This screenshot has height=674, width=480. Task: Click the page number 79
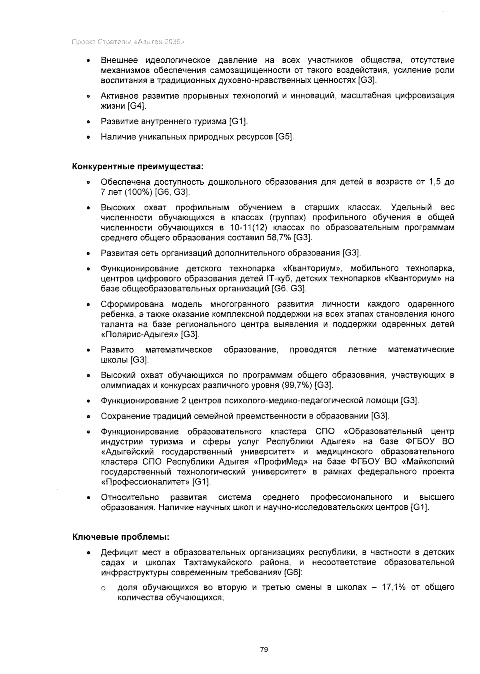(x=264, y=649)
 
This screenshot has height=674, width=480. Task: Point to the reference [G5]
(x=285, y=137)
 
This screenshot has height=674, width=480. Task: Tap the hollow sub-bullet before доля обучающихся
(x=103, y=588)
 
